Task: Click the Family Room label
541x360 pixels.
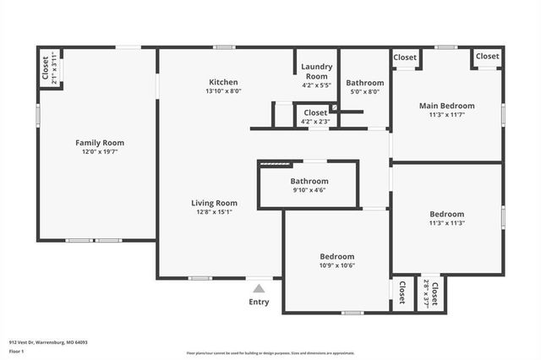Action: pyautogui.click(x=100, y=143)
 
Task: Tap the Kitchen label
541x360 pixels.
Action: pyautogui.click(x=224, y=82)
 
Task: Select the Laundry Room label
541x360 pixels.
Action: pyautogui.click(x=315, y=72)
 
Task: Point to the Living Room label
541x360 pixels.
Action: pyautogui.click(x=214, y=203)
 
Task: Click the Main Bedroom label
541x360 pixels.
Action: pyautogui.click(x=447, y=106)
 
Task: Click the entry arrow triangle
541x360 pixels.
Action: pyautogui.click(x=259, y=289)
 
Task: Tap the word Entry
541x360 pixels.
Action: pyautogui.click(x=259, y=302)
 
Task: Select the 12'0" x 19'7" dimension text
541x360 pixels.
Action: pyautogui.click(x=100, y=153)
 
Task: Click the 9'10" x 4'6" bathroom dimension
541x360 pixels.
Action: pyautogui.click(x=309, y=190)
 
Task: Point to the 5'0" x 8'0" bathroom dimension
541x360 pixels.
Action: pyautogui.click(x=365, y=92)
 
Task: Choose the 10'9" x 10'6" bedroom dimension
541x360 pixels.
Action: pyautogui.click(x=336, y=265)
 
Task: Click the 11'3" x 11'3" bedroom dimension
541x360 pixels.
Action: pyautogui.click(x=447, y=223)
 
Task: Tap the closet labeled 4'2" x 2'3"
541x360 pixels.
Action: pyautogui.click(x=315, y=122)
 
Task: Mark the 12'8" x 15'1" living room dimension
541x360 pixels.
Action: pyautogui.click(x=214, y=212)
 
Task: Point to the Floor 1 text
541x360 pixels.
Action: pyautogui.click(x=17, y=351)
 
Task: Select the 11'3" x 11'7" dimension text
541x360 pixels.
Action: pyautogui.click(x=447, y=115)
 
